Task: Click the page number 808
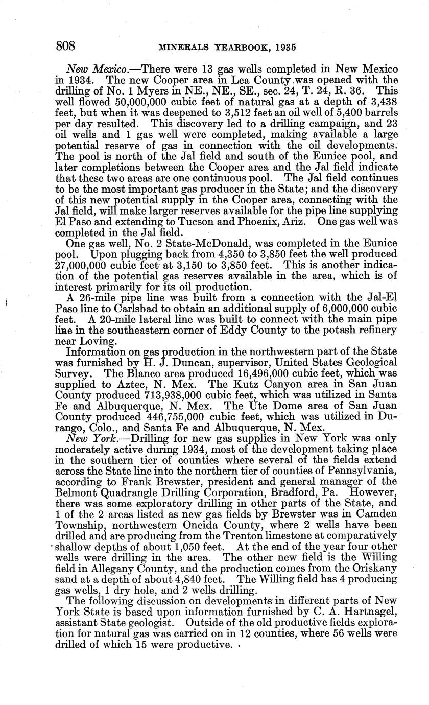65,46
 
